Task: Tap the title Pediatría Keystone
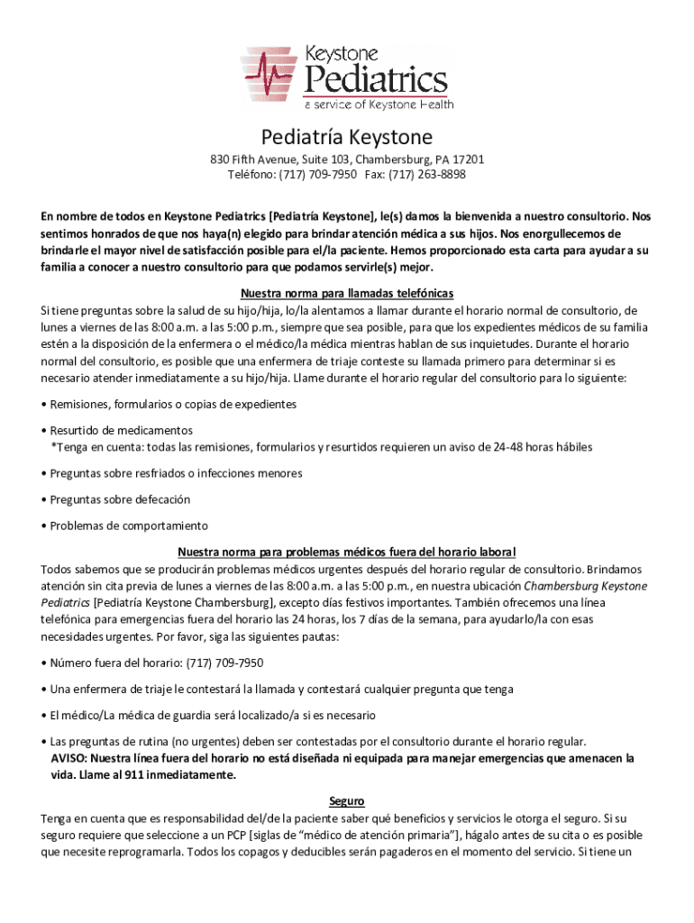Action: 347,138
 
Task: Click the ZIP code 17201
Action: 470,160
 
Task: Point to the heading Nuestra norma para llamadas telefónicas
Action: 347,294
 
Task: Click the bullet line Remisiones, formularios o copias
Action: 173,404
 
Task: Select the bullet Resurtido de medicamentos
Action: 121,431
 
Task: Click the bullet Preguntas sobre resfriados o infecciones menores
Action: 163,472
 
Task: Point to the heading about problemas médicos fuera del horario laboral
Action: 347,552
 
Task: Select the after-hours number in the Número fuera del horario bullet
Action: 224,663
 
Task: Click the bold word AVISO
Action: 68,758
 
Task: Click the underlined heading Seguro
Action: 347,800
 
